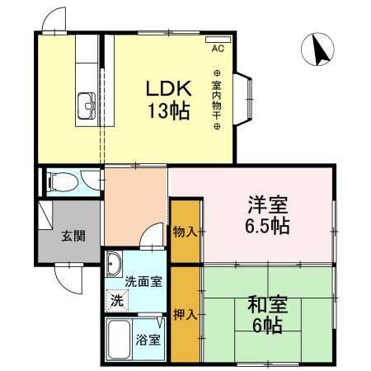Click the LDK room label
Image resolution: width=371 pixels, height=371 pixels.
[x=169, y=88]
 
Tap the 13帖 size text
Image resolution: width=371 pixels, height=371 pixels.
[x=169, y=109]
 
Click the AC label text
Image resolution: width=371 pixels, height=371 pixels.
[x=218, y=49]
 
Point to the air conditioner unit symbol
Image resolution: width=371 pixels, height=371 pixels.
[x=217, y=38]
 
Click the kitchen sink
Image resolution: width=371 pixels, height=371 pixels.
[x=86, y=105]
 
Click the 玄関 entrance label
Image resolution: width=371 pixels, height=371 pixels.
[x=73, y=236]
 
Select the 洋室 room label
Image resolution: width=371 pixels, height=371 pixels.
[x=266, y=204]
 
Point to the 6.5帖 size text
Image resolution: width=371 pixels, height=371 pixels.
[x=266, y=224]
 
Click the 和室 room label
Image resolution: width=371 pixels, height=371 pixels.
[x=266, y=304]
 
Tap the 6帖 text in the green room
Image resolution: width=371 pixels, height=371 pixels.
[x=266, y=325]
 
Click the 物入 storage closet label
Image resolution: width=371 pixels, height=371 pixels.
[x=185, y=232]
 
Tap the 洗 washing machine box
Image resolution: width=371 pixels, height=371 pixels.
[x=117, y=300]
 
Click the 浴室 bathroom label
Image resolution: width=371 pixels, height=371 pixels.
[x=150, y=339]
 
